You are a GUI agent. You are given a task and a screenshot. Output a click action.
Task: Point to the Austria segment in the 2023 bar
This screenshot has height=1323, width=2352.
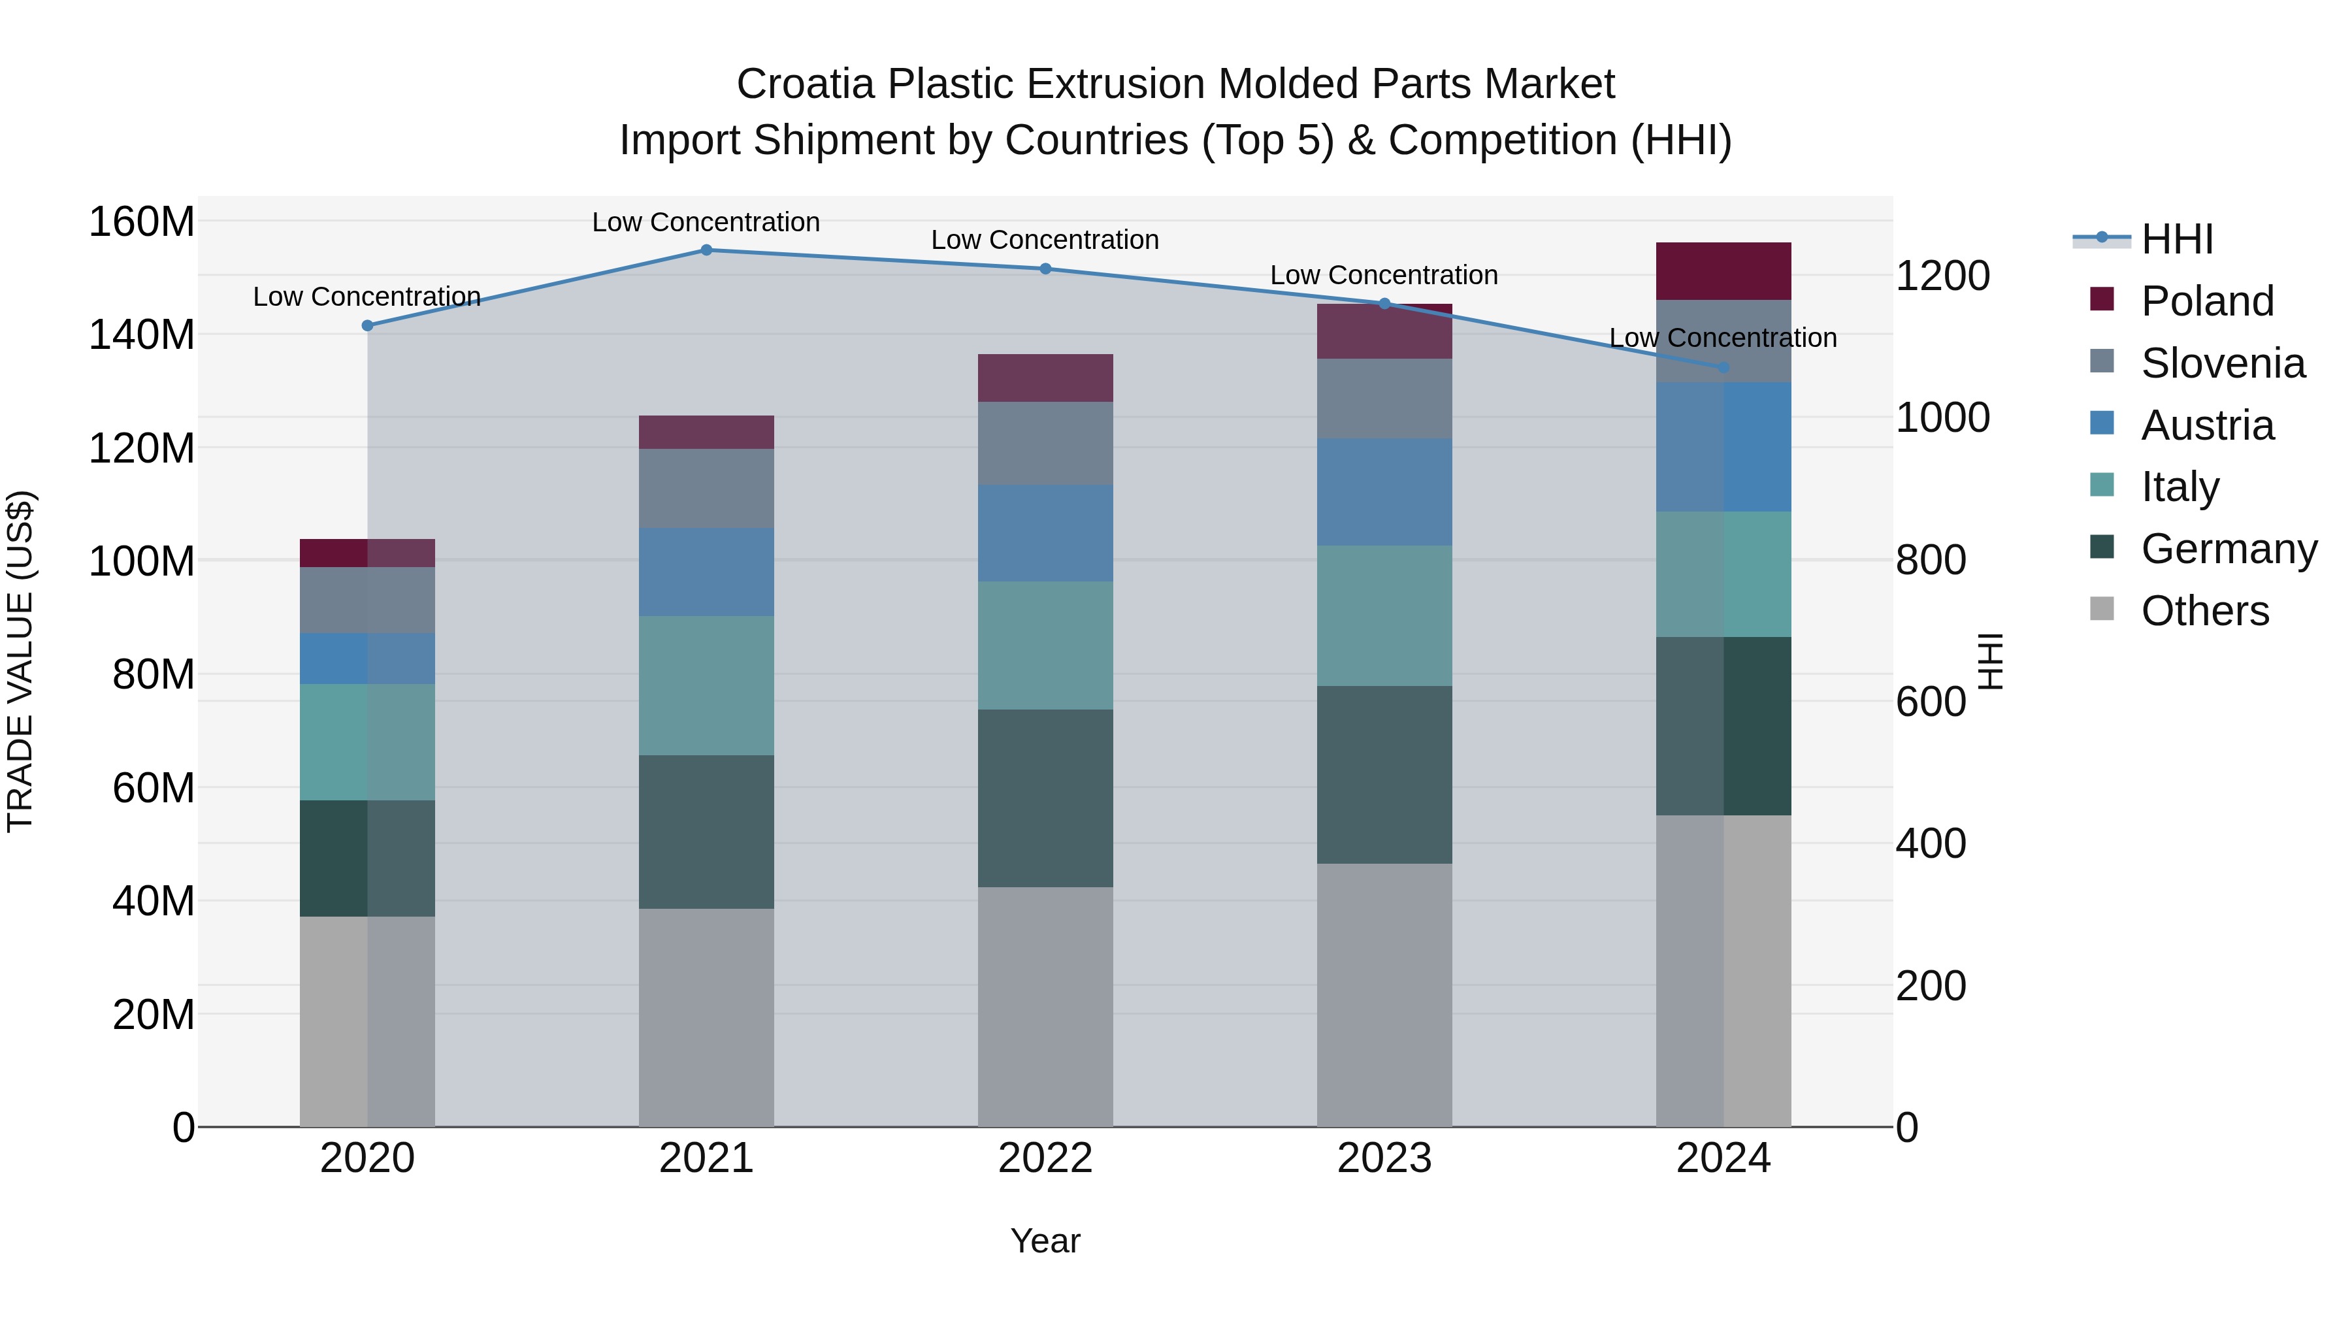coord(1384,492)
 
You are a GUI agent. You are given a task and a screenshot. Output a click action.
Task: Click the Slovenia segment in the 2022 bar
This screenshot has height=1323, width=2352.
coord(1045,443)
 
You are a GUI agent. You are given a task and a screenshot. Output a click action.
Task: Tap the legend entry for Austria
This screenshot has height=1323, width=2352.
coord(2207,425)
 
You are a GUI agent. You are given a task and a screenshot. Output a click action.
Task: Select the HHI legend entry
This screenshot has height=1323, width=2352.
coord(2177,239)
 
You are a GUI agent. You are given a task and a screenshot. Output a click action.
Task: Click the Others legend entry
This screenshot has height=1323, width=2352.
coord(2204,611)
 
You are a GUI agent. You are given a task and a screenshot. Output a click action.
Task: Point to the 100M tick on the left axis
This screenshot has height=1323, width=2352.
coord(142,561)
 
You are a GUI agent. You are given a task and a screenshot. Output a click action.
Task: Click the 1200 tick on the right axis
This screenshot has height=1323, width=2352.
coord(1942,276)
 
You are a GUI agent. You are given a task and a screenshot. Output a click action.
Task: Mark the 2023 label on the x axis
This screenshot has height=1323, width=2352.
coord(1384,1158)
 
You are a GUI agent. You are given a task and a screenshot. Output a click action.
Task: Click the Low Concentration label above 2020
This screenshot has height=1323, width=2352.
coord(367,297)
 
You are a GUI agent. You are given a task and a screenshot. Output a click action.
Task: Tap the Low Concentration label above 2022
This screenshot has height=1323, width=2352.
coord(1045,240)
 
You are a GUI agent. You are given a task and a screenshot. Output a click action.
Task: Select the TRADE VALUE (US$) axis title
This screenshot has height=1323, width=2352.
coord(20,661)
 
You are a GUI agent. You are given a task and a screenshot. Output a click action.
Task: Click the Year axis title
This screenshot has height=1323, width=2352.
coord(1045,1241)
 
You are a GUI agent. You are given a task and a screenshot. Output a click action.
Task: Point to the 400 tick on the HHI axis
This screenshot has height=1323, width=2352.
coord(1930,843)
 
